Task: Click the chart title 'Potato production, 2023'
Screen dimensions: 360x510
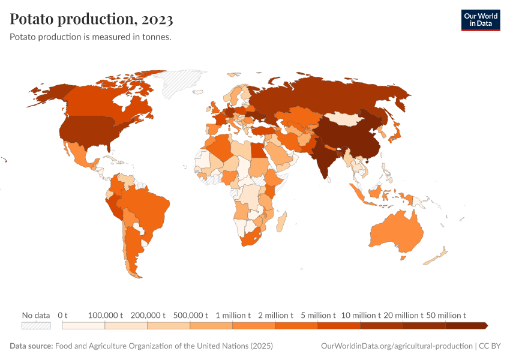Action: [x=91, y=20]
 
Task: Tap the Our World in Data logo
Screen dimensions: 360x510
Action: [x=480, y=20]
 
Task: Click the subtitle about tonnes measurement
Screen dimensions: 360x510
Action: [x=91, y=37]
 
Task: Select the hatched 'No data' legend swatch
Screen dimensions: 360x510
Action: [x=36, y=326]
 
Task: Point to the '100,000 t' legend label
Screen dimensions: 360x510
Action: [x=105, y=315]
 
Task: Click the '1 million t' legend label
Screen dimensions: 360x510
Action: [x=233, y=315]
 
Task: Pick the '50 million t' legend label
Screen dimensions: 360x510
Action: [x=446, y=315]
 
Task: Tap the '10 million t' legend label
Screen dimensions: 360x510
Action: [x=361, y=315]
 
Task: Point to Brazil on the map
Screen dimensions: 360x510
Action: [x=147, y=207]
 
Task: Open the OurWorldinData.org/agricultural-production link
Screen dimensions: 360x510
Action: [x=397, y=346]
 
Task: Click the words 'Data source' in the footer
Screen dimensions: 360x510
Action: [x=31, y=346]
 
